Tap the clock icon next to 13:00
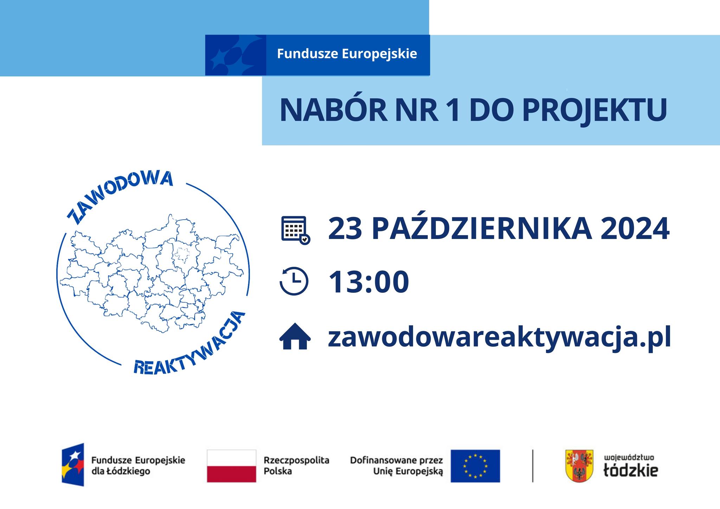click(x=294, y=281)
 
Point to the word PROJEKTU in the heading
click(x=594, y=110)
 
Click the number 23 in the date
click(x=345, y=229)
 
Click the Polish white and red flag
click(x=231, y=466)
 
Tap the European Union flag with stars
click(x=475, y=466)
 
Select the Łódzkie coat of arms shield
click(x=579, y=466)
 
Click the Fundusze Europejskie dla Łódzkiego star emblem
click(x=73, y=465)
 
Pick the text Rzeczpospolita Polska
click(x=296, y=465)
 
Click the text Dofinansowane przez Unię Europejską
click(x=397, y=466)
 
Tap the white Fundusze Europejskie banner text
click(x=347, y=54)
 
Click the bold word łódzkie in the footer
click(x=630, y=470)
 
